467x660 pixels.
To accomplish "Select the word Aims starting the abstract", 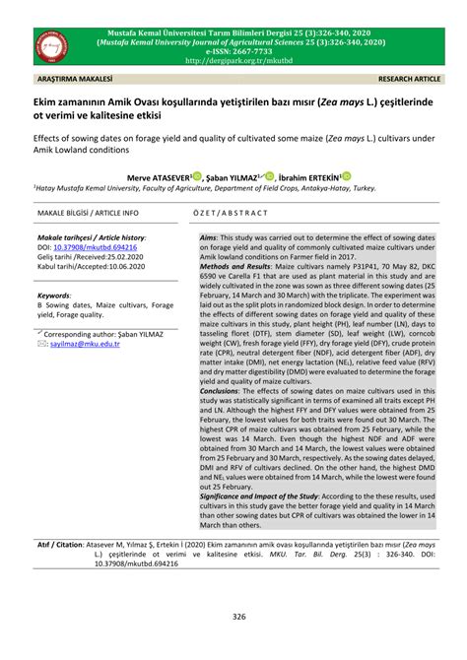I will tap(208, 238).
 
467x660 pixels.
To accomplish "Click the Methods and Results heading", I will tap(239, 293).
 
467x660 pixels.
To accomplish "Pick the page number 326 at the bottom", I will tap(233, 618).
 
